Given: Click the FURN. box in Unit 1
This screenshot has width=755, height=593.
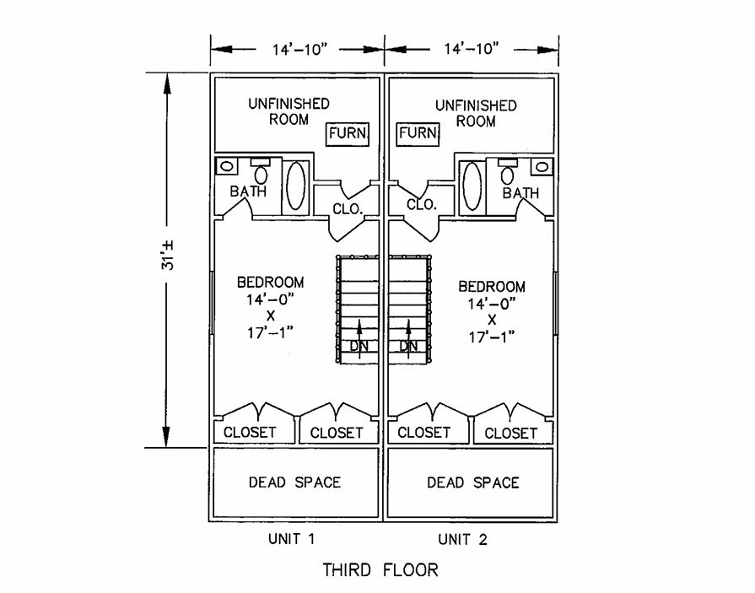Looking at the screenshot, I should pos(348,134).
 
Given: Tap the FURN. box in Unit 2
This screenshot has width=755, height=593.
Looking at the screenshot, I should pos(418,133).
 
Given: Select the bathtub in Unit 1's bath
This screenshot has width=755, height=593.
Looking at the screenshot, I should pos(295,186).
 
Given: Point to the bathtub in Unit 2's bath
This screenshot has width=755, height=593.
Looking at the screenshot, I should pos(473,185).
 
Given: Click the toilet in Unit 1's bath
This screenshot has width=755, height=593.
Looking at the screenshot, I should pos(262,172).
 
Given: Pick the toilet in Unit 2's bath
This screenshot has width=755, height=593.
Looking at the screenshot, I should pos(508,173).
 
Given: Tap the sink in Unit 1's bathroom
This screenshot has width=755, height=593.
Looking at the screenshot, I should pos(226,166).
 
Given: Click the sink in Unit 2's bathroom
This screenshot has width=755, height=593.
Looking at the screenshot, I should pos(543,166).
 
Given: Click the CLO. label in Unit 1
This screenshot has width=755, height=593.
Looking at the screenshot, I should pos(346,207).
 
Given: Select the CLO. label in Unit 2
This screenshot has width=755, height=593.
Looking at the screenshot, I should pos(421,205).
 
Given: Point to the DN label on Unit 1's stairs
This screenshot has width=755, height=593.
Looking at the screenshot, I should pos(359,346).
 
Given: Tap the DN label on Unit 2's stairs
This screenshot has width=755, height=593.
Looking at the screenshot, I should pos(408,346).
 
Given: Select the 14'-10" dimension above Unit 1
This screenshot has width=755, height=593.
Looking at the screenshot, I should pos(296,49).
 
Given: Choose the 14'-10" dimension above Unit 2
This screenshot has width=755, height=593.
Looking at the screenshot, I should pos(471,49).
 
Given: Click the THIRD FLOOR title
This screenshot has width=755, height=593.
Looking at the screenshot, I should pos(380,570).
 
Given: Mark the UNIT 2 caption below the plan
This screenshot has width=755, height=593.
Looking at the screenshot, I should pos(461,539).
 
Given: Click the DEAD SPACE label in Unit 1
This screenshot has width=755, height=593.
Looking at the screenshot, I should pos(294,482).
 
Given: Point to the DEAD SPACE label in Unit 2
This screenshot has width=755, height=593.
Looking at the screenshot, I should pos(472,482).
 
